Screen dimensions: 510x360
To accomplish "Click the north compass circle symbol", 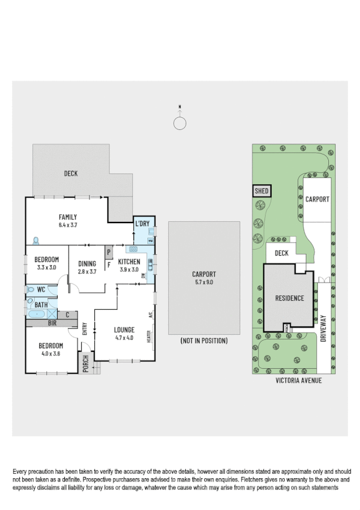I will coord(180,123).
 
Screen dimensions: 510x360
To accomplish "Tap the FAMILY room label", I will coord(67,217).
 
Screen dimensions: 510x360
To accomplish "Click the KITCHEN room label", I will coord(129,262).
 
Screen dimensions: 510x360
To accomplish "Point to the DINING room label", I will coord(87,263).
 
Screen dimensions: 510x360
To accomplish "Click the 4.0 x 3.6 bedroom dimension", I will coord(51,354).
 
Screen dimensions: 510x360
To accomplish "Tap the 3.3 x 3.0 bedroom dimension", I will coord(46,267).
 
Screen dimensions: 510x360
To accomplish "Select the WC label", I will coord(41,289).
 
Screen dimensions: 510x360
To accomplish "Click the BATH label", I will coord(41,305).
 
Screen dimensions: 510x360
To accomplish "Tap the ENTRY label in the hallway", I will coord(85,329).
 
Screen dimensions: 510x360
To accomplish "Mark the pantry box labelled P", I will coord(109,253).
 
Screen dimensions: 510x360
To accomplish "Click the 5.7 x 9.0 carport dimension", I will coord(204,281).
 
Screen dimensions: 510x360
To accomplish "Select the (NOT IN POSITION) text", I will coord(204,340).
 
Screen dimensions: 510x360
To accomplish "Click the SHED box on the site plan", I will coord(261,191).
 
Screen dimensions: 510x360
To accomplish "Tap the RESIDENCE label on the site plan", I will coord(290,298).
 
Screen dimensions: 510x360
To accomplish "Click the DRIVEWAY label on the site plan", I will coord(323,328).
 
